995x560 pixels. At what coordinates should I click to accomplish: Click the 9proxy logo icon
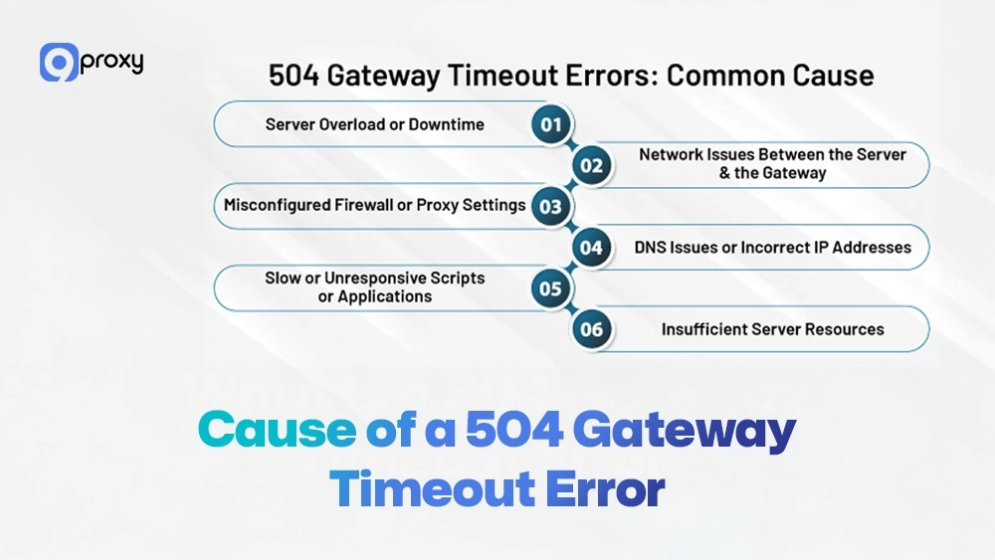[x=59, y=62]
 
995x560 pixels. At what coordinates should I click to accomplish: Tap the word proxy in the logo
[x=111, y=62]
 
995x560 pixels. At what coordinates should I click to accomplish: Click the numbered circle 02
[x=592, y=165]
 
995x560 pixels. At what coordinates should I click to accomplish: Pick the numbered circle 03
[x=550, y=206]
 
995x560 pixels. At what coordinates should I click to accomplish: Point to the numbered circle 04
[x=592, y=247]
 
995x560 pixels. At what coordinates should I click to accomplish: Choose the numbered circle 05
[x=550, y=288]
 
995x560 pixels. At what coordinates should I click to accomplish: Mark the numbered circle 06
[x=592, y=329]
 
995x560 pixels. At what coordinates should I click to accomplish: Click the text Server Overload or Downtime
[x=374, y=124]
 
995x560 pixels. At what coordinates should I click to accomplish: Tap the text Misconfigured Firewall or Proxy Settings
[x=374, y=205]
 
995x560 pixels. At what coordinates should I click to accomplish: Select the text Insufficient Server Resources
[x=772, y=329]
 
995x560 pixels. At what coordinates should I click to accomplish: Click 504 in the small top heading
[x=291, y=76]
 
